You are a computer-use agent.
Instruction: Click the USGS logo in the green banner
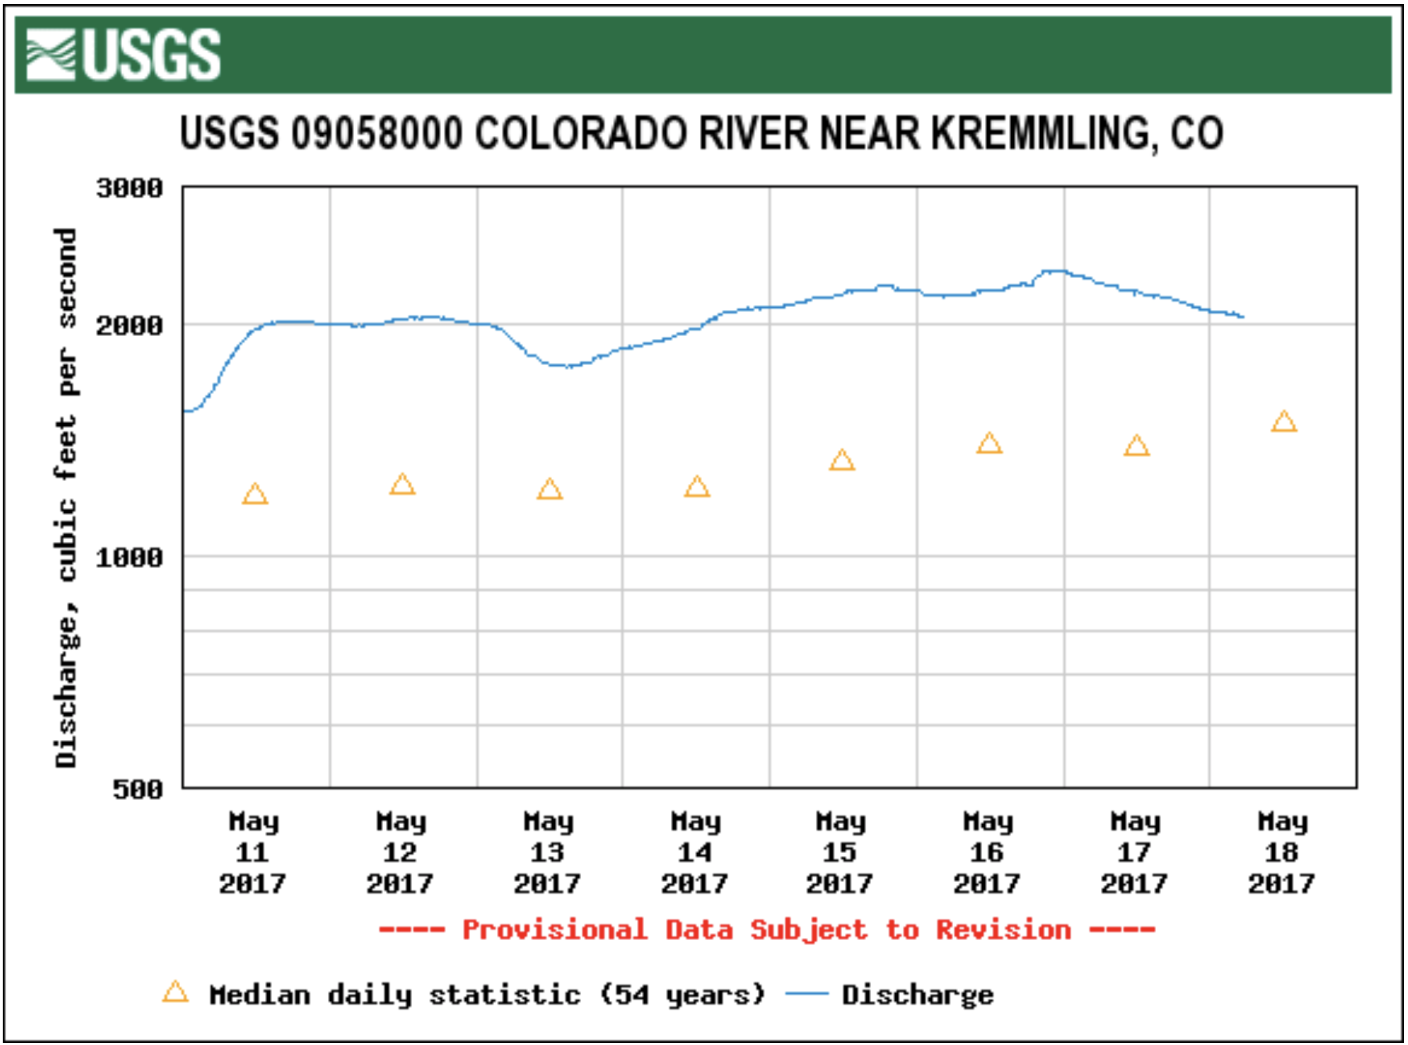point(124,55)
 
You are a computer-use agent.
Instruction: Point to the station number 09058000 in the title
point(377,133)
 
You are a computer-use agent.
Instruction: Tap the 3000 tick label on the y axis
point(130,188)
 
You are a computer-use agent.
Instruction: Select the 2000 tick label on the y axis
point(130,325)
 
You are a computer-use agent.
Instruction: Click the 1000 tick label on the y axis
point(130,557)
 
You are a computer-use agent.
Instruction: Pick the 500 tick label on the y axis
point(138,789)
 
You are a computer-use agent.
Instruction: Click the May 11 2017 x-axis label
point(253,852)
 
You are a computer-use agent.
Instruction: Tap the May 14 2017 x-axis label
point(696,852)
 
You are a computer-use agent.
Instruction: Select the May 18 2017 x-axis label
point(1282,852)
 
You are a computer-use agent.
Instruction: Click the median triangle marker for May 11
point(255,494)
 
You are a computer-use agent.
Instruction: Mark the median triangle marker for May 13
point(549,489)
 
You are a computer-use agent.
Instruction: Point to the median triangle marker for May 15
point(842,460)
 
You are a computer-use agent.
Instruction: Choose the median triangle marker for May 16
point(989,443)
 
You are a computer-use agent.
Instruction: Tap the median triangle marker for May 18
point(1284,422)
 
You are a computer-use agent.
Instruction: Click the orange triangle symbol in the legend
point(175,993)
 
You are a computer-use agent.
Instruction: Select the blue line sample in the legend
point(806,994)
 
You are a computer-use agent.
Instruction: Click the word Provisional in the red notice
point(555,930)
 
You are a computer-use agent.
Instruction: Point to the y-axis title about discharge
point(66,497)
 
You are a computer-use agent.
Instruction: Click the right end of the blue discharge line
point(1243,317)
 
